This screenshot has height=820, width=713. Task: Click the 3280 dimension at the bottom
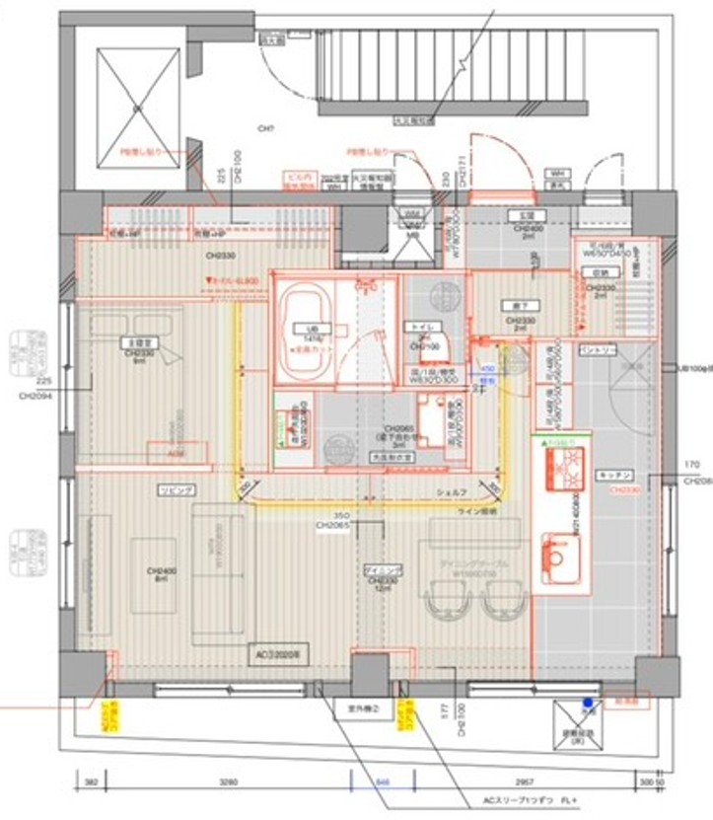pyautogui.click(x=228, y=781)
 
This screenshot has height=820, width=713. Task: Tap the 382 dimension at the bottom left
pyautogui.click(x=91, y=781)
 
